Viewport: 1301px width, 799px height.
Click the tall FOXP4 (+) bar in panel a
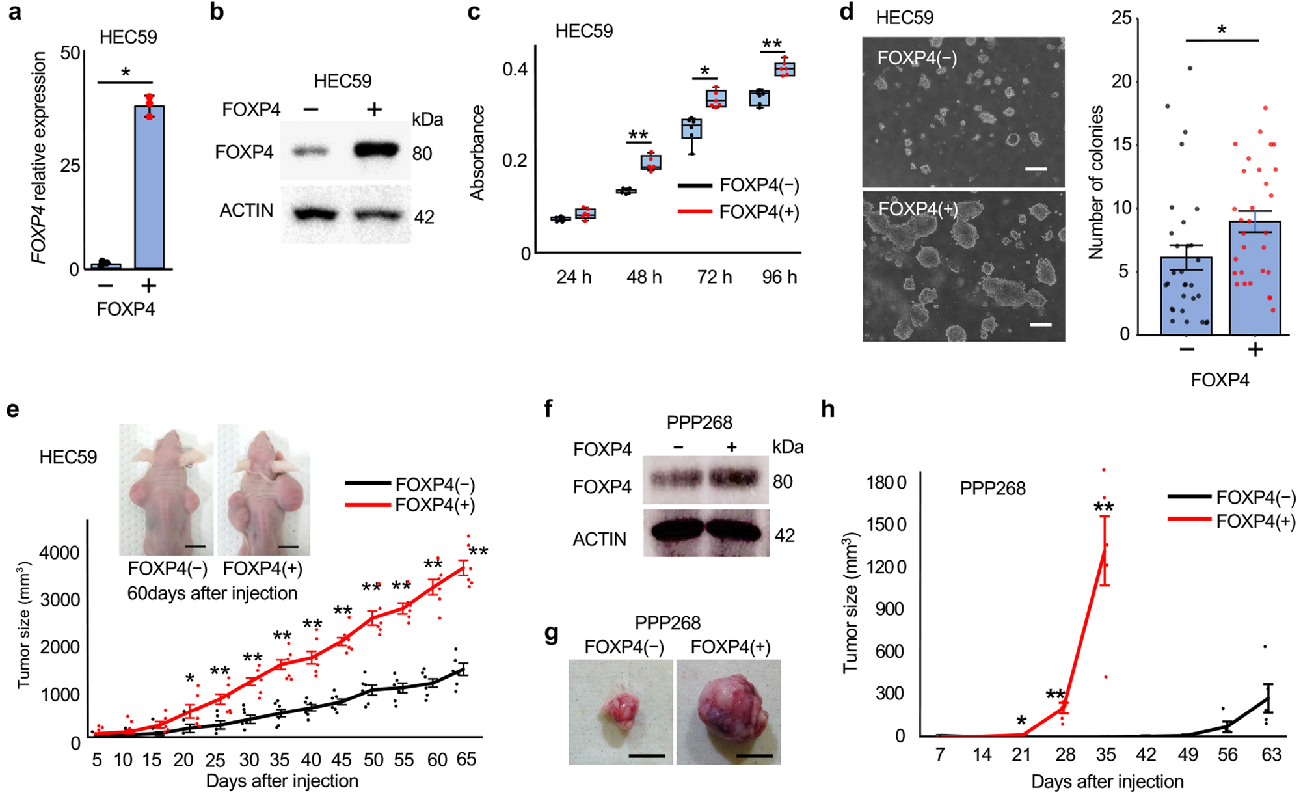149,189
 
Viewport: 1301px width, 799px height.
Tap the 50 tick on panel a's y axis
70,53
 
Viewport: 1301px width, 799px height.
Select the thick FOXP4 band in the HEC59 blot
376,151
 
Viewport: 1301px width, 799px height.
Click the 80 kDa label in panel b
422,154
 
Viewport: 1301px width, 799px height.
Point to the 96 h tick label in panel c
779,278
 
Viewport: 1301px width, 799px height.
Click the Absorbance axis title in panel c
478,153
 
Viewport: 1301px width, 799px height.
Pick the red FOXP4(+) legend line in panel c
695,212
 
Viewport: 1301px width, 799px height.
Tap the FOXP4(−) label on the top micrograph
917,59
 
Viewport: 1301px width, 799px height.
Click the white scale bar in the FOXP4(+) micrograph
1041,323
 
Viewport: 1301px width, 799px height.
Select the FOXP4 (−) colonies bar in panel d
1186,296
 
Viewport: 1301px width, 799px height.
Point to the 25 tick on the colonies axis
1121,18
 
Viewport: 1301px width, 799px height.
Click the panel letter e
12,409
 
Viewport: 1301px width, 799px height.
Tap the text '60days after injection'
212,593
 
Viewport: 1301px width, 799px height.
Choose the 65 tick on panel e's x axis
466,760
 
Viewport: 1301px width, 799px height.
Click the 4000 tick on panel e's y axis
59,553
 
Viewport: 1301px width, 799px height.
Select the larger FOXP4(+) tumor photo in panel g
729,712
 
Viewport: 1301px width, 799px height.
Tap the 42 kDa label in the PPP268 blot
785,535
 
